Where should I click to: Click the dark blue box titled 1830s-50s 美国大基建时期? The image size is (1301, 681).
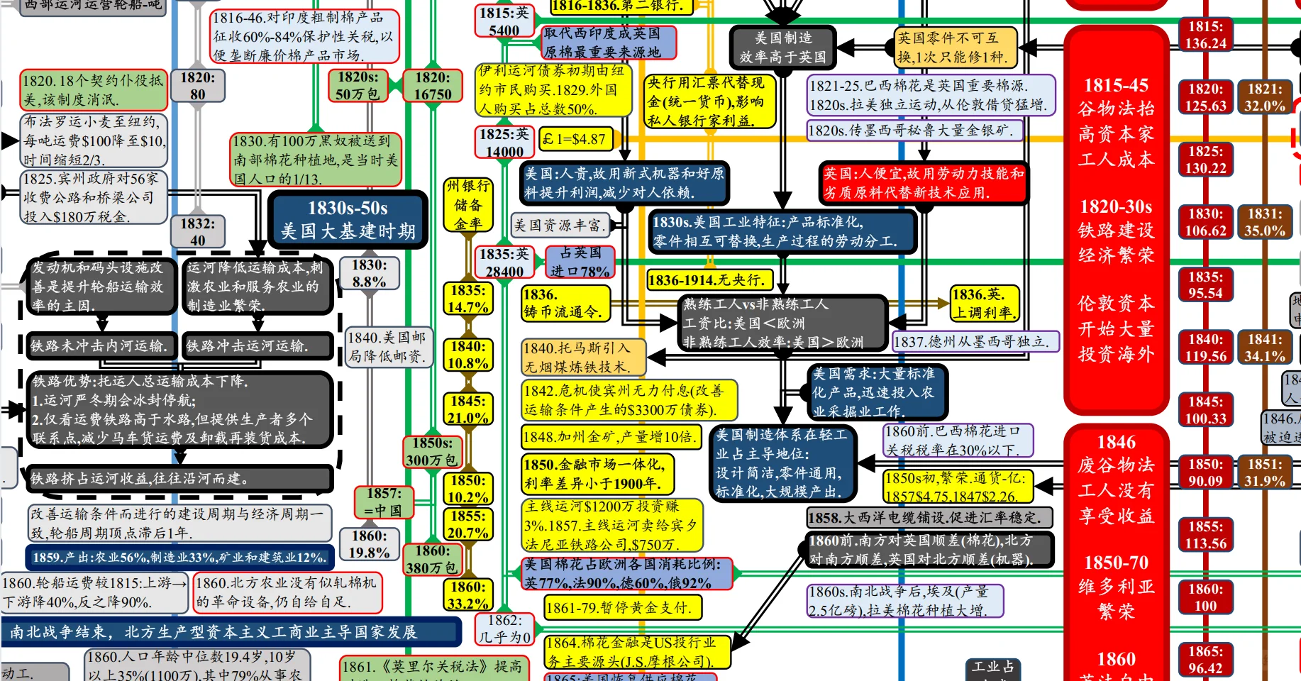tap(348, 219)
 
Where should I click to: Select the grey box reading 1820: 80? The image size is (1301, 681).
tap(197, 86)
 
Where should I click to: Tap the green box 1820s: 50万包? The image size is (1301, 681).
tap(358, 86)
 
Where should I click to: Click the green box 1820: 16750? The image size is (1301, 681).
tap(433, 86)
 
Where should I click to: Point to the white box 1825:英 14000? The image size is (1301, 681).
tap(504, 143)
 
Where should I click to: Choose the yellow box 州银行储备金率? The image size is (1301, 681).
tap(467, 204)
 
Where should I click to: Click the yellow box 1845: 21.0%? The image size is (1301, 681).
tap(467, 409)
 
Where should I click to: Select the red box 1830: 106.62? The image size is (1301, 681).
tap(1205, 222)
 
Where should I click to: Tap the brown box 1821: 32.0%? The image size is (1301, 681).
tap(1265, 97)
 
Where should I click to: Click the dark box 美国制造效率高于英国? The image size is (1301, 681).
tap(782, 48)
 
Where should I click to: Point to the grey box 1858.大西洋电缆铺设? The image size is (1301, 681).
tap(929, 517)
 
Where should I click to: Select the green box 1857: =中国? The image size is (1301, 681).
tap(383, 502)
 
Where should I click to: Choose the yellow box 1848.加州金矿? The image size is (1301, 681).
tap(611, 436)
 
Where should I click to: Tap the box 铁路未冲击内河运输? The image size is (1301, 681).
tap(100, 345)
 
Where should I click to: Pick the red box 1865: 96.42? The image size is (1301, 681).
tap(1205, 660)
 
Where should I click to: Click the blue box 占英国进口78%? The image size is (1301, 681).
tap(580, 262)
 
